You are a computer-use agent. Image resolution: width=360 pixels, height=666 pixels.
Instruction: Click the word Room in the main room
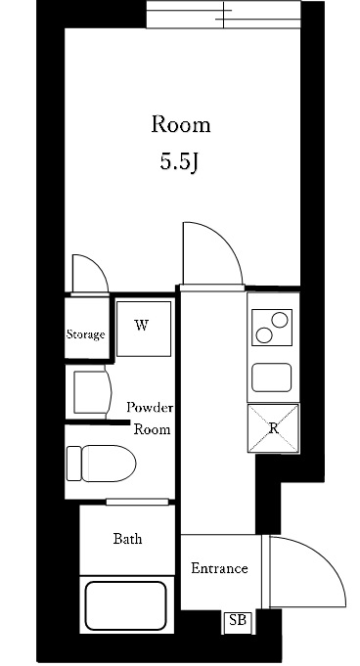click(180, 125)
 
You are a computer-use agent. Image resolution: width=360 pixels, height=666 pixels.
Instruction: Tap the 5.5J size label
click(180, 161)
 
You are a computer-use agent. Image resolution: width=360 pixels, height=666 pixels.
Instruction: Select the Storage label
click(85, 334)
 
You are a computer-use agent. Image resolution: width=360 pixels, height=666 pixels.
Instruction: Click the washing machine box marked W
click(143, 328)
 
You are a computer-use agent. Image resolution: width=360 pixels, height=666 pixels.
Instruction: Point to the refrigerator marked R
click(274, 428)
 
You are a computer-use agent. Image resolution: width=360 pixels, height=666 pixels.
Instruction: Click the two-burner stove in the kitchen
click(272, 327)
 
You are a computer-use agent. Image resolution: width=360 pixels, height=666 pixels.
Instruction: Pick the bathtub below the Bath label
click(125, 605)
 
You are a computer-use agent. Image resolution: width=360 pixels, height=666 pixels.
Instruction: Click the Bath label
click(127, 539)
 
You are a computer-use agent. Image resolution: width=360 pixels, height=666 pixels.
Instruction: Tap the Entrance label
click(218, 568)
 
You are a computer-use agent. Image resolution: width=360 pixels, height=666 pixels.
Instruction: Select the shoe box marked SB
click(236, 619)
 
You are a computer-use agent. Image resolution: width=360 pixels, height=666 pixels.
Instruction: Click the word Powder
click(150, 407)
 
